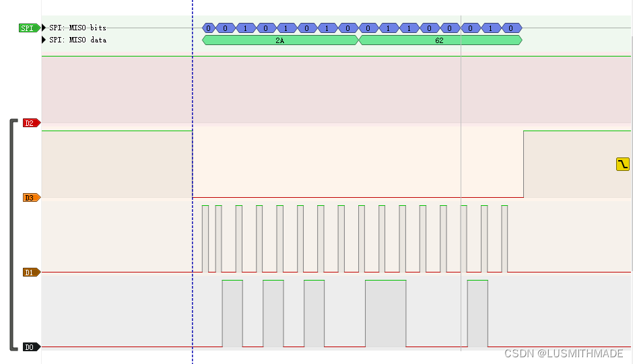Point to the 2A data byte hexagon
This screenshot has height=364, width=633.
280,40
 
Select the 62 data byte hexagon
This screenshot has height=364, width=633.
440,40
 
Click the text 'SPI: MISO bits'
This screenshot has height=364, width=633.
77,28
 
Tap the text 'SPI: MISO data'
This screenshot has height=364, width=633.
77,40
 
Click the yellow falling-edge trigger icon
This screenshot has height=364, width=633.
623,163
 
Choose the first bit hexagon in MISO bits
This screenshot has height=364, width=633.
209,28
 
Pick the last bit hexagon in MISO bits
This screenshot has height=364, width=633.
512,28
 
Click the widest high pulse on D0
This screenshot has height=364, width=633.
385,313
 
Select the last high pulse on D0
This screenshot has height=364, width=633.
477,313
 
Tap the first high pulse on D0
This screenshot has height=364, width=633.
232,313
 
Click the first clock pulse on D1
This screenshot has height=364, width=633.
205,239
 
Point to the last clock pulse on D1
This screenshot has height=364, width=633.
504,239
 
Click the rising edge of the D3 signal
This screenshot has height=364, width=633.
524,164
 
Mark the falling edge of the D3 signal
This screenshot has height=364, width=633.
193,164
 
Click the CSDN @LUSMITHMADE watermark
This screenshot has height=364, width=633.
563,353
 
